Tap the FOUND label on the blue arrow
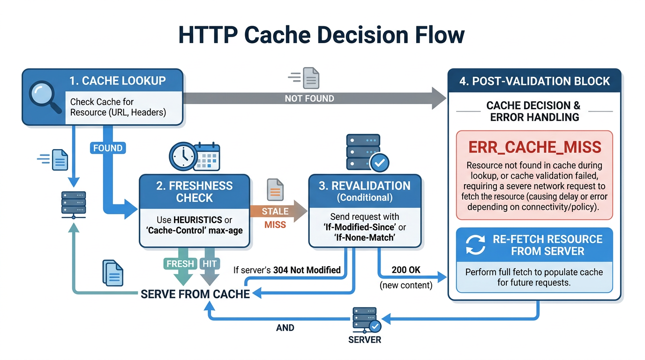(108, 148)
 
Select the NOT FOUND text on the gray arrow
(309, 98)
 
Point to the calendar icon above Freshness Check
(206, 156)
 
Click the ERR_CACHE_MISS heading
(534, 147)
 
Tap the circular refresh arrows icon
(475, 245)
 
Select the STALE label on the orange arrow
(275, 211)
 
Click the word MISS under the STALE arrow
(275, 225)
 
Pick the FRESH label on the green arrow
(180, 264)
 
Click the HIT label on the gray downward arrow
(210, 264)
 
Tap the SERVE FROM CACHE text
(195, 294)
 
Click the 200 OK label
(405, 270)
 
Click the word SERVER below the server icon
(365, 339)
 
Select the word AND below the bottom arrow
(285, 328)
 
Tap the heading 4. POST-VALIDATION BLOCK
(534, 81)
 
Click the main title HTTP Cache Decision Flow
(322, 35)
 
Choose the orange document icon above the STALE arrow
(275, 190)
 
